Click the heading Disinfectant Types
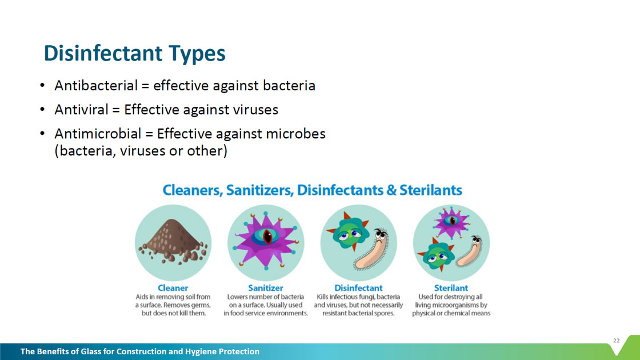135,54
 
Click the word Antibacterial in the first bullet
96,86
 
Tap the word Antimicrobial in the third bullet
98,134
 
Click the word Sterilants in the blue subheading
431,190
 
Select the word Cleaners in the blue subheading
192,190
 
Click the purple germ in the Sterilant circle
451,222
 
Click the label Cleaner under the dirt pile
173,288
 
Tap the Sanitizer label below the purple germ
266,288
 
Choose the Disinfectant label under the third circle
358,288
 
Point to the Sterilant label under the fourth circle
451,288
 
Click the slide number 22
617,341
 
